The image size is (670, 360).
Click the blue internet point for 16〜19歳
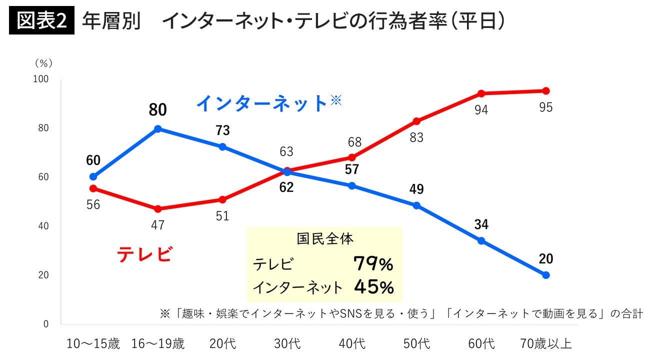coord(158,128)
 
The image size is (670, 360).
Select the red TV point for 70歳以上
coord(545,91)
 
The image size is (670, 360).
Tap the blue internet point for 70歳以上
coord(545,275)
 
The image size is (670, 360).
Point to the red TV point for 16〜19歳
coord(158,209)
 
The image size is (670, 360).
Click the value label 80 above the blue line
coord(157,110)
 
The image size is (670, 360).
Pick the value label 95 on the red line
coord(545,107)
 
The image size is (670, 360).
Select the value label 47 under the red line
coord(157,225)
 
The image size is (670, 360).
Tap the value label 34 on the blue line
coord(481,224)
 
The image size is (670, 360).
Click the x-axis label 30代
coord(287,344)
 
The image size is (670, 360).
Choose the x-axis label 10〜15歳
coord(93,344)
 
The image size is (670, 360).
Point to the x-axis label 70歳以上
coord(545,344)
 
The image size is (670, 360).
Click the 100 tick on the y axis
coord(41,79)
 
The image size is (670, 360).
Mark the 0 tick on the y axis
coord(45,324)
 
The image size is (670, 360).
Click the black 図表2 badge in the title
coord(41,21)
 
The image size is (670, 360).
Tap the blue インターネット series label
coord(262,103)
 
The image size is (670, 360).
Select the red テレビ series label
coord(144,254)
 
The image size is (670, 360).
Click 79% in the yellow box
coord(373,264)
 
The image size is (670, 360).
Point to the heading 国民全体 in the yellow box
coord(325,238)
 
